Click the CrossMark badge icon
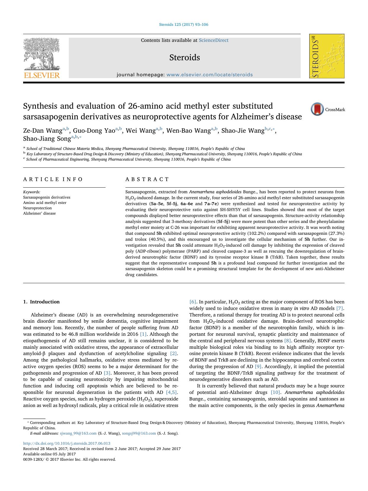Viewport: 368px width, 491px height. click(317, 109)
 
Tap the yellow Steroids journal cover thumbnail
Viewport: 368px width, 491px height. click(327, 56)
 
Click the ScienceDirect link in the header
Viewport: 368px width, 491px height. click(214, 40)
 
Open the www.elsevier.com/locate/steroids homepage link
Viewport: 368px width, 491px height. click(210, 75)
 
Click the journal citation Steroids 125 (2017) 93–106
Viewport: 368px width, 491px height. click(184, 25)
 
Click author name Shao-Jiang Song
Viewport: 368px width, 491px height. click(47, 139)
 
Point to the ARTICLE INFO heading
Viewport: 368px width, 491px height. click(53, 179)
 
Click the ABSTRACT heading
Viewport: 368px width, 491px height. click(147, 179)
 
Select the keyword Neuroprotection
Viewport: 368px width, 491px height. click(37, 208)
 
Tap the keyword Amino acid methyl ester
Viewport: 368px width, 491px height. click(45, 203)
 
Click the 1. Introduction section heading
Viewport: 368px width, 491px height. click(41, 302)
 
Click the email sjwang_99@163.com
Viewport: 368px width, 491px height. click(78, 433)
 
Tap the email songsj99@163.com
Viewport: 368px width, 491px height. click(139, 433)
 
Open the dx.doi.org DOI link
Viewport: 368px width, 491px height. click(67, 444)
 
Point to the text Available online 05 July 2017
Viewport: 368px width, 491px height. click(50, 454)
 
